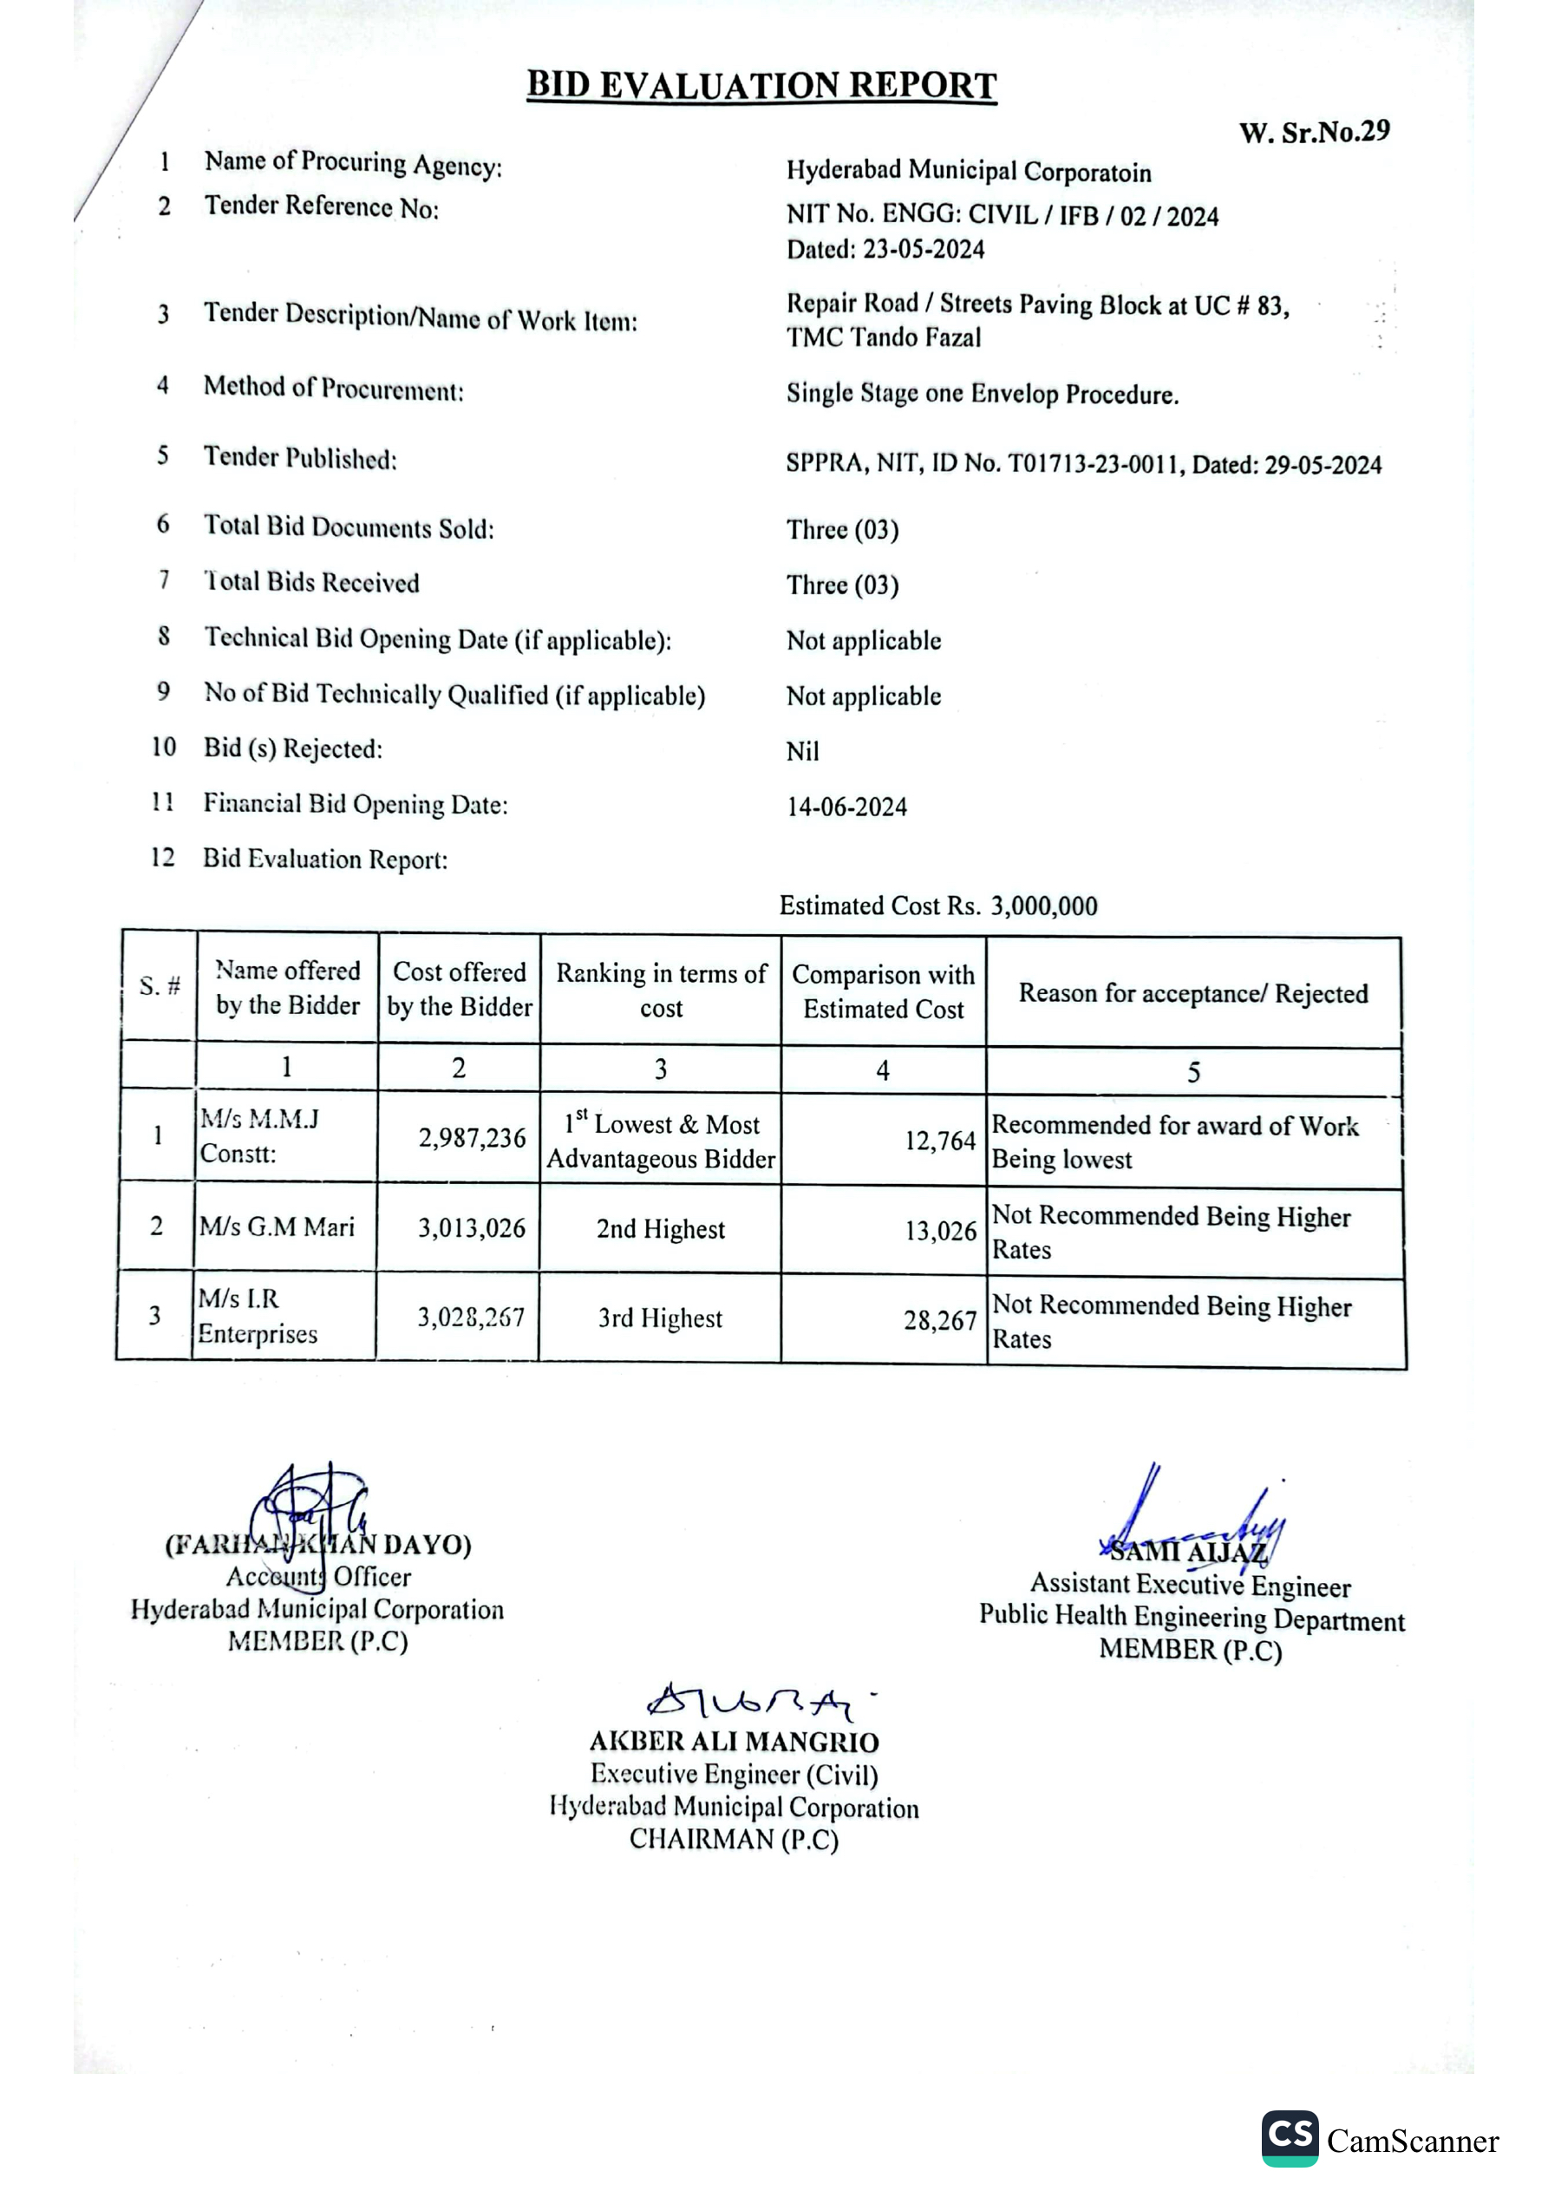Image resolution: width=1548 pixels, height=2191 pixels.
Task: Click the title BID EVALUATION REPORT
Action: pos(761,86)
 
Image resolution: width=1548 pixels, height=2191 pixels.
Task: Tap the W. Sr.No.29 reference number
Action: pos(1314,132)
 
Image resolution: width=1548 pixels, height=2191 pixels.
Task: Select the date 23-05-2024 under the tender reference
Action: pos(924,250)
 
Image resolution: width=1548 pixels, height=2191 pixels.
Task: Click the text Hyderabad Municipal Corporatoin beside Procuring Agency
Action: pos(969,172)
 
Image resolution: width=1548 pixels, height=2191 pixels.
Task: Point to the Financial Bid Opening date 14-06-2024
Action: pos(846,808)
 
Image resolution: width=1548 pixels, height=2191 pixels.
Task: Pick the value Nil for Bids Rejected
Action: pos(803,752)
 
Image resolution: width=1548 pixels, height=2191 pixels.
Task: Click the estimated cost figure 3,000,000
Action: pos(1044,906)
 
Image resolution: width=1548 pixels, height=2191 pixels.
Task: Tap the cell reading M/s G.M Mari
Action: pos(277,1226)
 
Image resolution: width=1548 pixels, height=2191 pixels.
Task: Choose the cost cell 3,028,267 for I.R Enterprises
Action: pos(471,1318)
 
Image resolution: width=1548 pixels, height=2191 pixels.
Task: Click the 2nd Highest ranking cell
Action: pos(661,1229)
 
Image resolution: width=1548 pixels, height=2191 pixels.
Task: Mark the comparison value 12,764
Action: pos(940,1141)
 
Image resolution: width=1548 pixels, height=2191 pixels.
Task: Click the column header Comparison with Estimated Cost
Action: pos(883,991)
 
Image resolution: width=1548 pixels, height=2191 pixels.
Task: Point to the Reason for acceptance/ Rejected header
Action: pos(1193,993)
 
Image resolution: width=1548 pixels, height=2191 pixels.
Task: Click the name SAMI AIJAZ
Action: pos(1188,1553)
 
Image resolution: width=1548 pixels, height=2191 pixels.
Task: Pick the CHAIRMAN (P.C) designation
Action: pos(733,1840)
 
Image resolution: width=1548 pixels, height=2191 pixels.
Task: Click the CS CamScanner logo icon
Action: pos(1290,2138)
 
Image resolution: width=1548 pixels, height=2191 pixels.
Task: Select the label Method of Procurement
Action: pos(333,389)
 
